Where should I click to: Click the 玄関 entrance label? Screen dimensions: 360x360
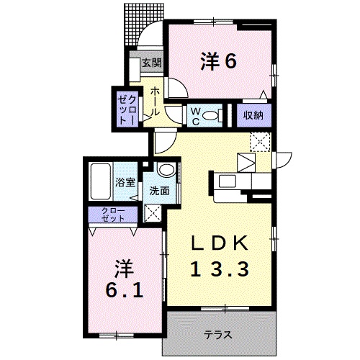click(152, 63)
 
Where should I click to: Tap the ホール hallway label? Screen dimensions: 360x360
click(156, 102)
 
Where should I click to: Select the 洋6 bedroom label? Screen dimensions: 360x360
click(219, 61)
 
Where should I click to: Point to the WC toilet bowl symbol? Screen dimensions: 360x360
click(210, 116)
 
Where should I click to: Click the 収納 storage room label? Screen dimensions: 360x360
click(253, 116)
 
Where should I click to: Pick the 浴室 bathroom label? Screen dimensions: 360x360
click(125, 183)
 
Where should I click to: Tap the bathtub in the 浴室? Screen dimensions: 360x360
click(101, 181)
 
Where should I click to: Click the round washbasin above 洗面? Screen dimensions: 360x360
click(167, 170)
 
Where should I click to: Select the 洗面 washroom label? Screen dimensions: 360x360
click(160, 191)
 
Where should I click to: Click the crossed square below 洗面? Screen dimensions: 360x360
click(153, 213)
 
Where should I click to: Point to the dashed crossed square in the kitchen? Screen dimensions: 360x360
click(261, 142)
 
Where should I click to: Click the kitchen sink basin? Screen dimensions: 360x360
click(228, 181)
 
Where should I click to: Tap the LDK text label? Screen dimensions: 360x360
click(219, 243)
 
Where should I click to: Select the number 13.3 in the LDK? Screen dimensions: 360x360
click(220, 269)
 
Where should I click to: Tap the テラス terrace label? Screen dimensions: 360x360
click(218, 335)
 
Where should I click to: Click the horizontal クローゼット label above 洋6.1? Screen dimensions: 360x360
click(113, 215)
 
